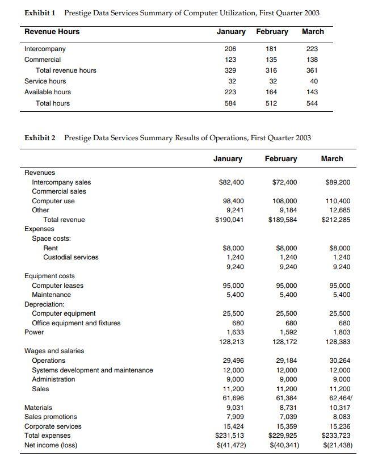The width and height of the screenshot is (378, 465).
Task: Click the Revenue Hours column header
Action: coord(52,32)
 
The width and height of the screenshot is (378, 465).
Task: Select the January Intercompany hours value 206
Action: coord(231,49)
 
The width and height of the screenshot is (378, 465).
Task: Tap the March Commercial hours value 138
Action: coord(312,60)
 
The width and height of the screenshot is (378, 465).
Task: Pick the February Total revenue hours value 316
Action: coord(271,70)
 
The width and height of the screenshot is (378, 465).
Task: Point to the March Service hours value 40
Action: coord(314,81)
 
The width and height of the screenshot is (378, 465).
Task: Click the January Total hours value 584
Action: coord(231,103)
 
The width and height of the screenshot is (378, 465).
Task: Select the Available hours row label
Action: coord(48,92)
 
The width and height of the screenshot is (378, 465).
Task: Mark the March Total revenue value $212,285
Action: coord(336,220)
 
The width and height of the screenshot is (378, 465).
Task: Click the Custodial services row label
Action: coord(70,257)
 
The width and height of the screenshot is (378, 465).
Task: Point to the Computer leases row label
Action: coord(57,286)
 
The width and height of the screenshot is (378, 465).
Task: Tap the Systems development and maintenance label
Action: coord(92,370)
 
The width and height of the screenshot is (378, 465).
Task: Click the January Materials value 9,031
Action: coord(234,407)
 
